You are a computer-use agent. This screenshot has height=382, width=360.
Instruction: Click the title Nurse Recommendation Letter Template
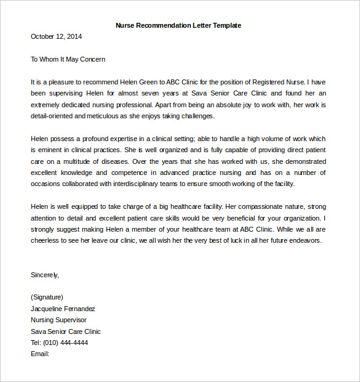pyautogui.click(x=178, y=25)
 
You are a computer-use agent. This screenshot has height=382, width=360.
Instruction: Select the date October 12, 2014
pyautogui.click(x=56, y=36)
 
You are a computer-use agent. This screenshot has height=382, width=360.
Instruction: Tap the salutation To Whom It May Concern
pyautogui.click(x=68, y=59)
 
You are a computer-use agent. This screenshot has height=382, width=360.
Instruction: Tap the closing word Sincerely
pyautogui.click(x=44, y=275)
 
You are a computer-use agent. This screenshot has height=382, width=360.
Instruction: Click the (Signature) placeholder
pyautogui.click(x=47, y=297)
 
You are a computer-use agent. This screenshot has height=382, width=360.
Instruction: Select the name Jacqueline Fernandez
pyautogui.click(x=63, y=309)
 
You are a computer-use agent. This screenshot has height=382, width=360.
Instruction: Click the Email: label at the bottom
pyautogui.click(x=39, y=354)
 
